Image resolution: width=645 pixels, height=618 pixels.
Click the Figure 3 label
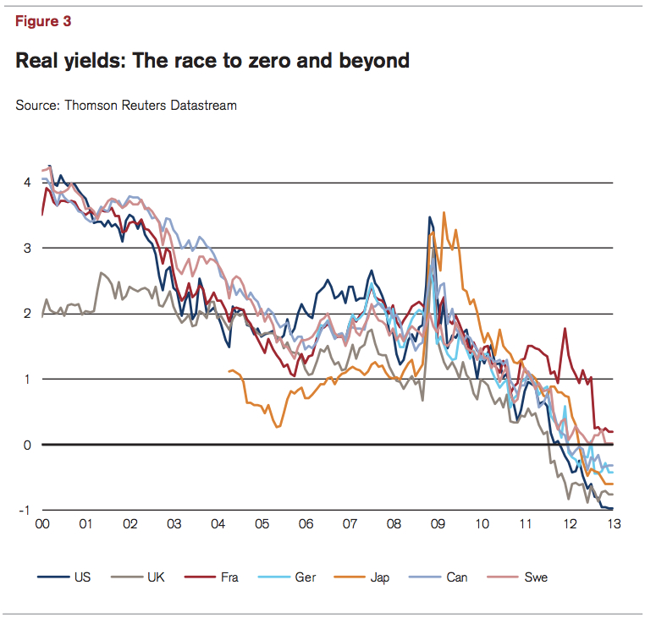pyautogui.click(x=43, y=23)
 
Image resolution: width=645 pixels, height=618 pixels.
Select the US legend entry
pyautogui.click(x=82, y=577)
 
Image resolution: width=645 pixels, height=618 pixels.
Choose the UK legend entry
pyautogui.click(x=157, y=577)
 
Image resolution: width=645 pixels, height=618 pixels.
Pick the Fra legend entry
pyautogui.click(x=229, y=577)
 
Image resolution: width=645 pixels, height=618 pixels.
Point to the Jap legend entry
pyautogui.click(x=378, y=577)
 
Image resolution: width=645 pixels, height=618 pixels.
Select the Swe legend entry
pyautogui.click(x=536, y=577)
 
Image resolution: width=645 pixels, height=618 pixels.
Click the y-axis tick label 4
pyautogui.click(x=28, y=183)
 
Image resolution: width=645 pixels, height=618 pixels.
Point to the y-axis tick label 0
pyautogui.click(x=28, y=445)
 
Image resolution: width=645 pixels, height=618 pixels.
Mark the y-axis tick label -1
pyautogui.click(x=26, y=510)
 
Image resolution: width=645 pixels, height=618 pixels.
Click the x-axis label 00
pyautogui.click(x=41, y=524)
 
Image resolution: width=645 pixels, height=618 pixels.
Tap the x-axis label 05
pyautogui.click(x=262, y=524)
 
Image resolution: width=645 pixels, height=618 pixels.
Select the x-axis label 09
pyautogui.click(x=438, y=524)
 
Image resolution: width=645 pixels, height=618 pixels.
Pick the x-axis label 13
pyautogui.click(x=613, y=524)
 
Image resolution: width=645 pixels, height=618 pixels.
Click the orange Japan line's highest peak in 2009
pyautogui.click(x=444, y=212)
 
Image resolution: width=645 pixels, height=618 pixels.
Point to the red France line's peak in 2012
pyautogui.click(x=564, y=328)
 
